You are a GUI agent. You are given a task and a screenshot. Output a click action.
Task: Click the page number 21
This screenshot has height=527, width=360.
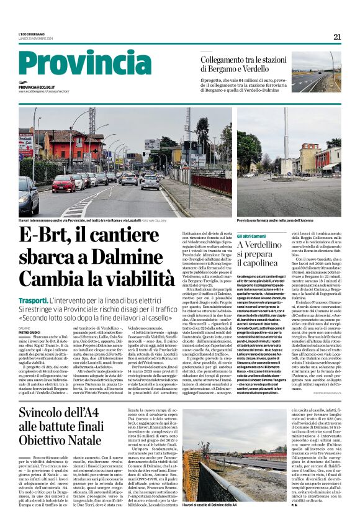click(337, 37)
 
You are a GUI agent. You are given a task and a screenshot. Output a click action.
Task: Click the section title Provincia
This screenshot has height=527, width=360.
click(77, 64)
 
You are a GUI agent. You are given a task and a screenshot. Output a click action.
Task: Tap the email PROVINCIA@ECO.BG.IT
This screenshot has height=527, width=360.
click(45, 88)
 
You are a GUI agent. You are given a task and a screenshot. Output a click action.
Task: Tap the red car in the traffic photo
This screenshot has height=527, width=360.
click(63, 183)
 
